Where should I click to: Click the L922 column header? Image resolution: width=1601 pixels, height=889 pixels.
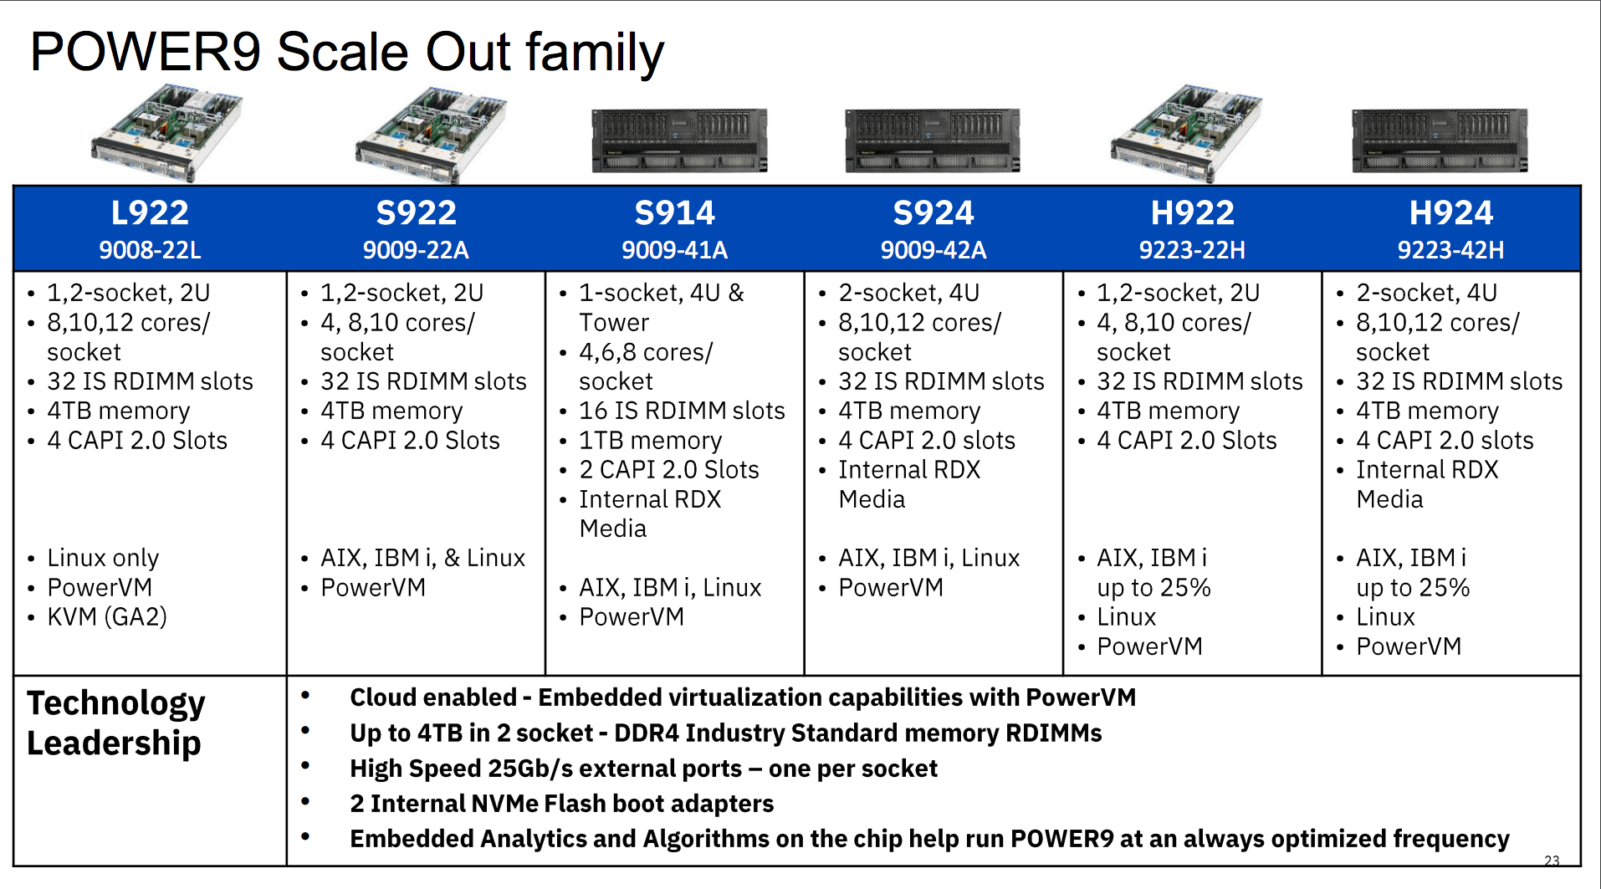150,212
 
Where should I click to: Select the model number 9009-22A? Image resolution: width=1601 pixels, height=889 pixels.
416,250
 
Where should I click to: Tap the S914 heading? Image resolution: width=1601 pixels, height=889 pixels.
674,212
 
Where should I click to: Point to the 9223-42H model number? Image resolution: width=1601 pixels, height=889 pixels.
1450,250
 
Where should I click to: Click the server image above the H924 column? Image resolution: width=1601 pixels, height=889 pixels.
1440,140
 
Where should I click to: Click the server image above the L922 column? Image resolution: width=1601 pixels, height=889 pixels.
166,134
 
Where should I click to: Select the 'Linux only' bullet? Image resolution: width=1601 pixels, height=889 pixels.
103,558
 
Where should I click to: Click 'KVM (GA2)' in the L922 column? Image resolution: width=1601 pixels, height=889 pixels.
107,617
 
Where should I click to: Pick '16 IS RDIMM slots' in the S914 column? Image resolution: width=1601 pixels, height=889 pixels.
682,411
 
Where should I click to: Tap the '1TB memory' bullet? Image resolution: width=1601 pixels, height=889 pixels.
650,441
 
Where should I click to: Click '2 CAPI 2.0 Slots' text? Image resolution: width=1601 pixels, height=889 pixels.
668,470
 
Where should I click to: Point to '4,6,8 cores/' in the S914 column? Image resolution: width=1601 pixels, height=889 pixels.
646,352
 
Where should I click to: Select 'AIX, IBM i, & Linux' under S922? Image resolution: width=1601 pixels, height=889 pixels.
422,558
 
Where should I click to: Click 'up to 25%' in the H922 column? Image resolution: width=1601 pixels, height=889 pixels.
1153,588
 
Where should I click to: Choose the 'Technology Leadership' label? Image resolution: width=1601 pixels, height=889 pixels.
115,723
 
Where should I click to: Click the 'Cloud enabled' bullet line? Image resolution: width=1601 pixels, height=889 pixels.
742,697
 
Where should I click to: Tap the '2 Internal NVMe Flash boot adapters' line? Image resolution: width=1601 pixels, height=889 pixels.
561,804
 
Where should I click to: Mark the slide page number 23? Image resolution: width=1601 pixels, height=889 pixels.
1552,861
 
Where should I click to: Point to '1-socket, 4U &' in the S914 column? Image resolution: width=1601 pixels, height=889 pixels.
661,293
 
